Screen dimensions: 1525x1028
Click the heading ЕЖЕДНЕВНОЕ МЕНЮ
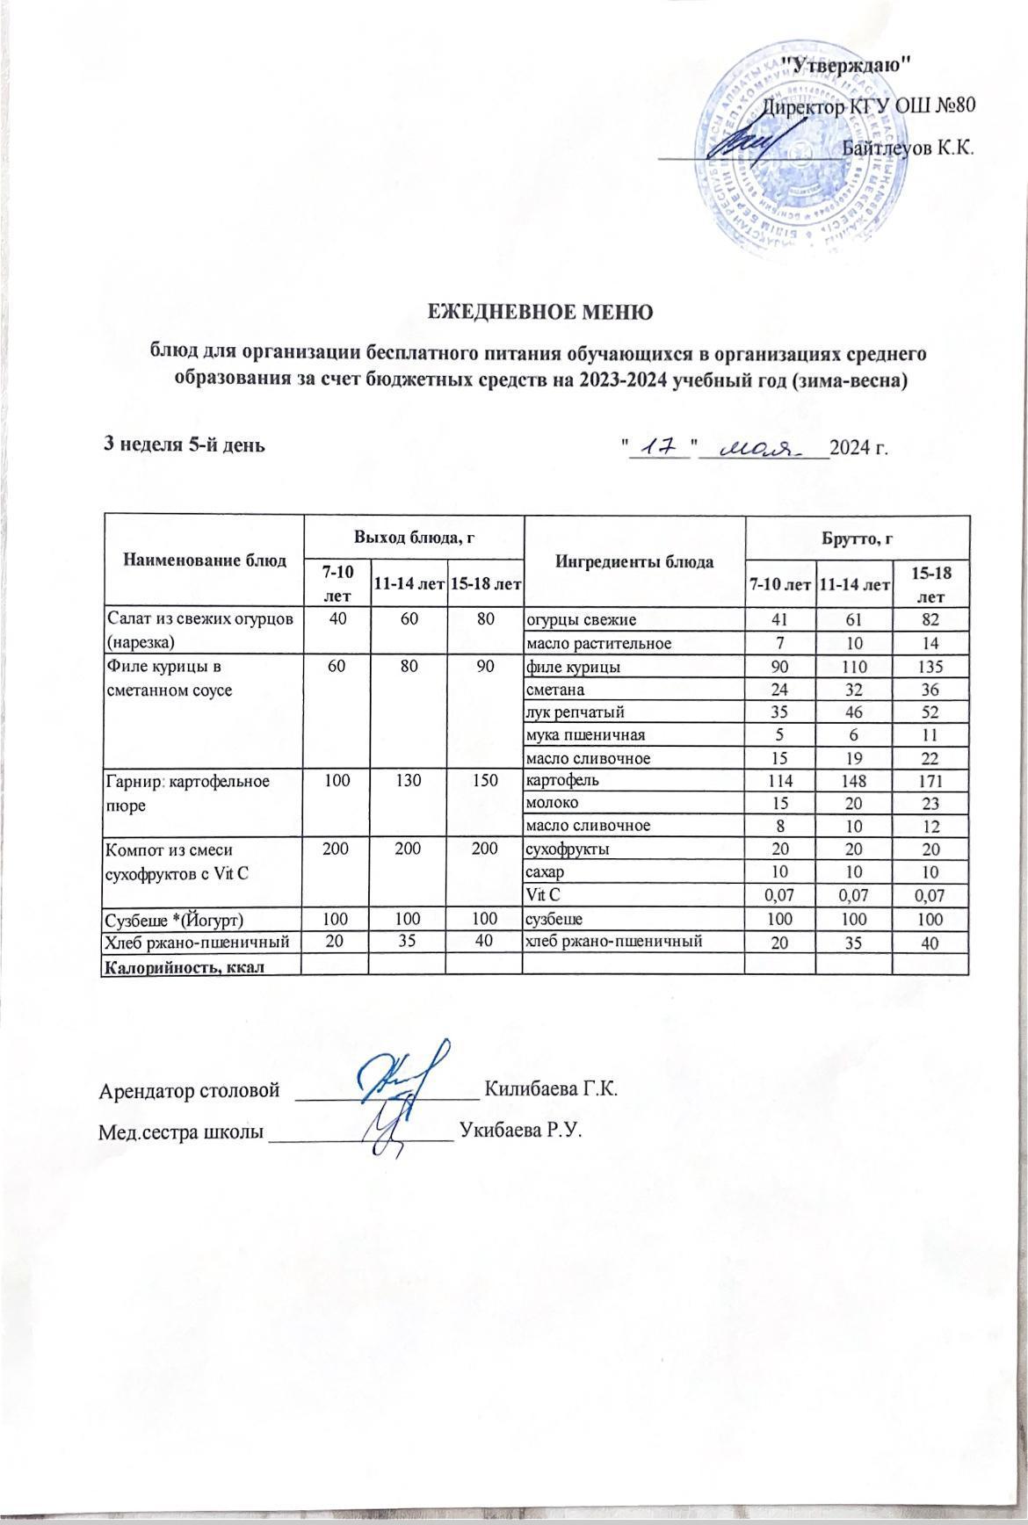click(539, 312)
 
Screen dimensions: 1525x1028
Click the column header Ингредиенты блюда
click(633, 559)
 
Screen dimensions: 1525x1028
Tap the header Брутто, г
click(856, 535)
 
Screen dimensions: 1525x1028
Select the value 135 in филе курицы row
click(930, 666)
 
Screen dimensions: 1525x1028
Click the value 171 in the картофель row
click(930, 779)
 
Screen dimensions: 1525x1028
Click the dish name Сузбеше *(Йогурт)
click(174, 919)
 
